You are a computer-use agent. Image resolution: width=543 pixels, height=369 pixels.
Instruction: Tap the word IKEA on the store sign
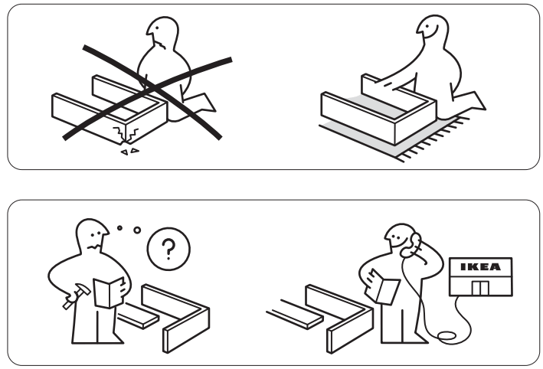[480, 268]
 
